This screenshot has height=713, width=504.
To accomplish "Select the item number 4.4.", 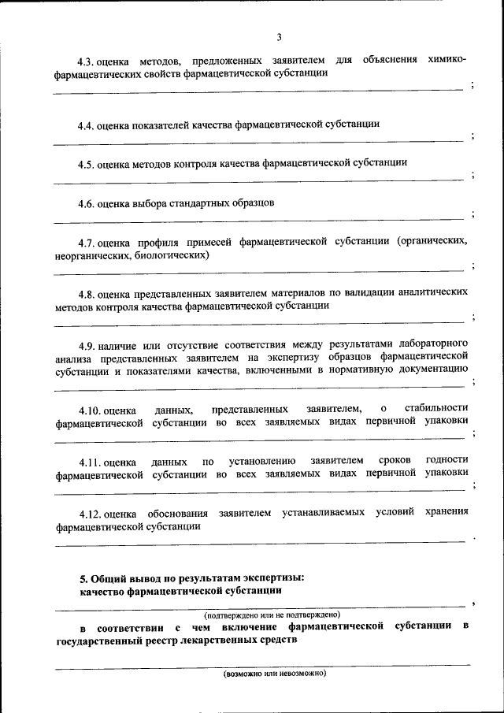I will pos(86,124).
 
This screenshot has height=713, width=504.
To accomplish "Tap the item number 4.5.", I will pos(86,164).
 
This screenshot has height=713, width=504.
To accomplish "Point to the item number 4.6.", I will pos(86,203).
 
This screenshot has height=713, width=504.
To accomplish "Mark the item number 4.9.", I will pos(86,344).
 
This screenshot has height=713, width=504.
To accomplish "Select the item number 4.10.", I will pos(88,409).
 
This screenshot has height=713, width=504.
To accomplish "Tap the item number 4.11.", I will pos(88,461).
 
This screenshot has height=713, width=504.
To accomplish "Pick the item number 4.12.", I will pos(88,513).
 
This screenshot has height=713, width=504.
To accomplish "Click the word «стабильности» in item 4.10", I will pos(435,408).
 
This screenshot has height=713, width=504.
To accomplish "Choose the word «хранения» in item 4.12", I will pos(447,512).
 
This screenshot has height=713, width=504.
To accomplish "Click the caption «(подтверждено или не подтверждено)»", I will pos(272,614).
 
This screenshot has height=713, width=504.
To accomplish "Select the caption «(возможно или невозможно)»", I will pos(273,674).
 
